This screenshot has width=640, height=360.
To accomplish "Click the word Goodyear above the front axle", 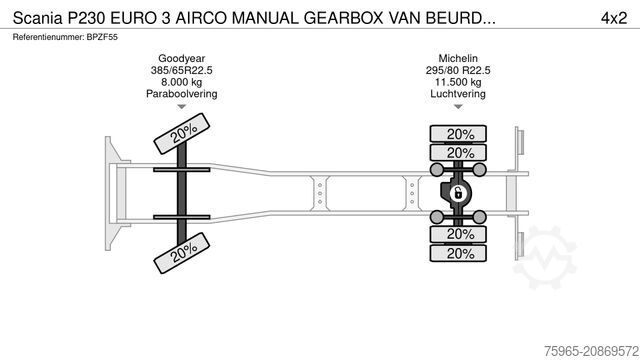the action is (180, 59).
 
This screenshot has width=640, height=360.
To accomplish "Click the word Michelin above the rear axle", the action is (460, 59).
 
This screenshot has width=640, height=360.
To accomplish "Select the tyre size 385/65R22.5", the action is (180, 71).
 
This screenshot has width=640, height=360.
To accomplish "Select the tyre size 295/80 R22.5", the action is (460, 71).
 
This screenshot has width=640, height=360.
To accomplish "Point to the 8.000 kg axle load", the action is (180, 83).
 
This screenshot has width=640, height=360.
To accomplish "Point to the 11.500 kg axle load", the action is (460, 83).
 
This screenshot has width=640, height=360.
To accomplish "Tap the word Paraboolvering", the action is (180, 95).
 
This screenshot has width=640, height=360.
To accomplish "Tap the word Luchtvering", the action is (460, 95).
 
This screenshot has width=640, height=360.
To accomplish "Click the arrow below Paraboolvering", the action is (180, 107).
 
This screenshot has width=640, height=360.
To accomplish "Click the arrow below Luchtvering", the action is (460, 107).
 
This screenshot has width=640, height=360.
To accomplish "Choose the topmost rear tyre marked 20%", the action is (460, 134).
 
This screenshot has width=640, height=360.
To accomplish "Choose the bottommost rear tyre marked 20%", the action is (460, 253).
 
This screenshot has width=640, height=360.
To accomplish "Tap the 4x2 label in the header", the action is (612, 17).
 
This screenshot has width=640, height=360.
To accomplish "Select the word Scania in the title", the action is (36, 17).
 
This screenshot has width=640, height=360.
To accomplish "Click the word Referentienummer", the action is (46, 36).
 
